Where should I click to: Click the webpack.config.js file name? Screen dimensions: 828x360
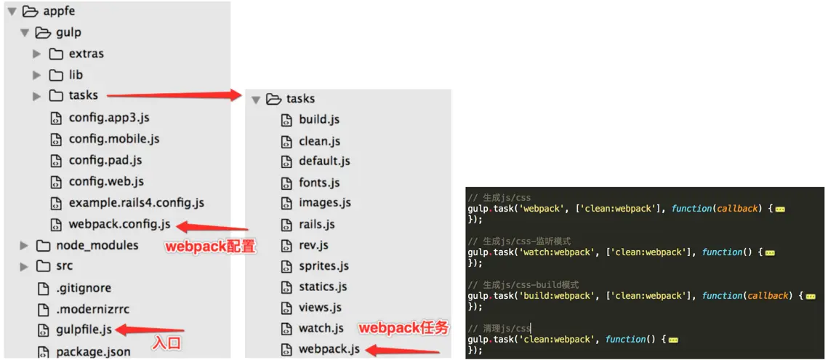pos(119,224)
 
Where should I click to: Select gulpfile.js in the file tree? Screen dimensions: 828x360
pos(84,329)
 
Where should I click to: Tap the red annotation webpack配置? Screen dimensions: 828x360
pos(210,247)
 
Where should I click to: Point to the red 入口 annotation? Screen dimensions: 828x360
pos(166,343)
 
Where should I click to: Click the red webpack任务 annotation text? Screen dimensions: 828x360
pos(404,328)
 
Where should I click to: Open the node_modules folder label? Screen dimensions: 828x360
pos(97,245)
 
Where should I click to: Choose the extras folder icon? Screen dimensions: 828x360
pos(56,54)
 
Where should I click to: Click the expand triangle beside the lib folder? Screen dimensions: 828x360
pos(36,75)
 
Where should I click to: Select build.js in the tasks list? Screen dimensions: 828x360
pos(319,119)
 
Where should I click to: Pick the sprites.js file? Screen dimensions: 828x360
pos(323,265)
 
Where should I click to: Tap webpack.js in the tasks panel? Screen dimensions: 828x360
pos(329,349)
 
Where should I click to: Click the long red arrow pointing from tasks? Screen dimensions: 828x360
pos(174,95)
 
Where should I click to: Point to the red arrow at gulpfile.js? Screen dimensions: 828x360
pos(141,330)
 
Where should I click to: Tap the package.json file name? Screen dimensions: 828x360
pos(93,352)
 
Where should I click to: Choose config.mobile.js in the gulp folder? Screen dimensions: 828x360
pos(114,138)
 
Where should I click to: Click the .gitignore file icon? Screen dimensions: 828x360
pos(43,288)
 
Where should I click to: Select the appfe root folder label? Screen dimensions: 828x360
pos(59,11)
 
